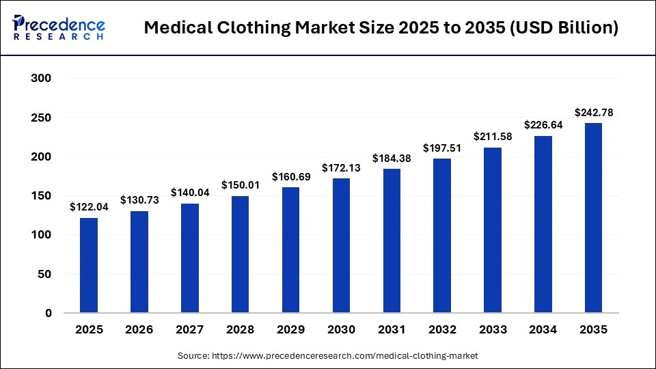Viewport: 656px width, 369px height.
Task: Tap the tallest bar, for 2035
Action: pyautogui.click(x=592, y=218)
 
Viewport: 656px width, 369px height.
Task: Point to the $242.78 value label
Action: pyautogui.click(x=592, y=113)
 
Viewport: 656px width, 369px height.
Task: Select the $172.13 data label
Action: pyautogui.click(x=341, y=167)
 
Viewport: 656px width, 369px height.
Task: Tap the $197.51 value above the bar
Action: pyautogui.click(x=441, y=148)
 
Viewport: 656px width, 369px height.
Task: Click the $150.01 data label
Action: pyautogui.click(x=240, y=185)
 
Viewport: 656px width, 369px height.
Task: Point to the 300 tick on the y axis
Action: pyautogui.click(x=42, y=79)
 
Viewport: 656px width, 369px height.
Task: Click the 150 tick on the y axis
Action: pyautogui.click(x=42, y=196)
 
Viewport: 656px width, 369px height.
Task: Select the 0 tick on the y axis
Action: pyautogui.click(x=49, y=314)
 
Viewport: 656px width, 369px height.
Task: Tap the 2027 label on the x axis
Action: pyautogui.click(x=189, y=329)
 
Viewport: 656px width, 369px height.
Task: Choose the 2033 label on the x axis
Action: pyautogui.click(x=492, y=329)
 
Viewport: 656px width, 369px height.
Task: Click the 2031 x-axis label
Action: pyautogui.click(x=392, y=329)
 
